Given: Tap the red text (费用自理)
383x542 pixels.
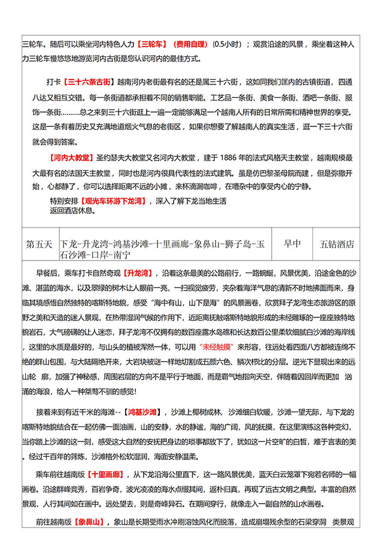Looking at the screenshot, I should (190, 44).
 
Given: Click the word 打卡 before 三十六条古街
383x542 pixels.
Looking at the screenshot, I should (54, 81).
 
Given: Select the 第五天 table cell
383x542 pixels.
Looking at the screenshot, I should (40, 244).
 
